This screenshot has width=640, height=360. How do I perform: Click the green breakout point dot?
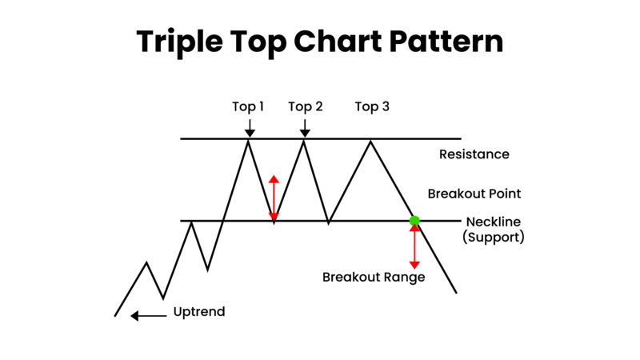414,220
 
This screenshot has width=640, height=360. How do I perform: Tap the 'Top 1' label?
248,107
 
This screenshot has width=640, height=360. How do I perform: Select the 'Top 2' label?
305,107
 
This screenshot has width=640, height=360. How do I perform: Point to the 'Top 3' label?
372,107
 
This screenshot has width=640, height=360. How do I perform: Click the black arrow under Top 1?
250,127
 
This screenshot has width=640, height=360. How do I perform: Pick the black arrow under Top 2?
304,127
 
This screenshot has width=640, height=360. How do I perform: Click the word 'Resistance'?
474,154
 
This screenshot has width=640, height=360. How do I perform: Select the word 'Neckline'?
494,221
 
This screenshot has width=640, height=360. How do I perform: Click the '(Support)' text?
494,238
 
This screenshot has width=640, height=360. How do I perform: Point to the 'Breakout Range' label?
374,278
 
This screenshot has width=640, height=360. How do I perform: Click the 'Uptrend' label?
199,312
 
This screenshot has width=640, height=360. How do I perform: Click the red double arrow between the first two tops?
274,198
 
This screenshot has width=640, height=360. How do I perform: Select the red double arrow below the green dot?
414,246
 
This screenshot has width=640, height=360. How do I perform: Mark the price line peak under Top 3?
370,142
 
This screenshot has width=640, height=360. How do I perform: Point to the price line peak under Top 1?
249,142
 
